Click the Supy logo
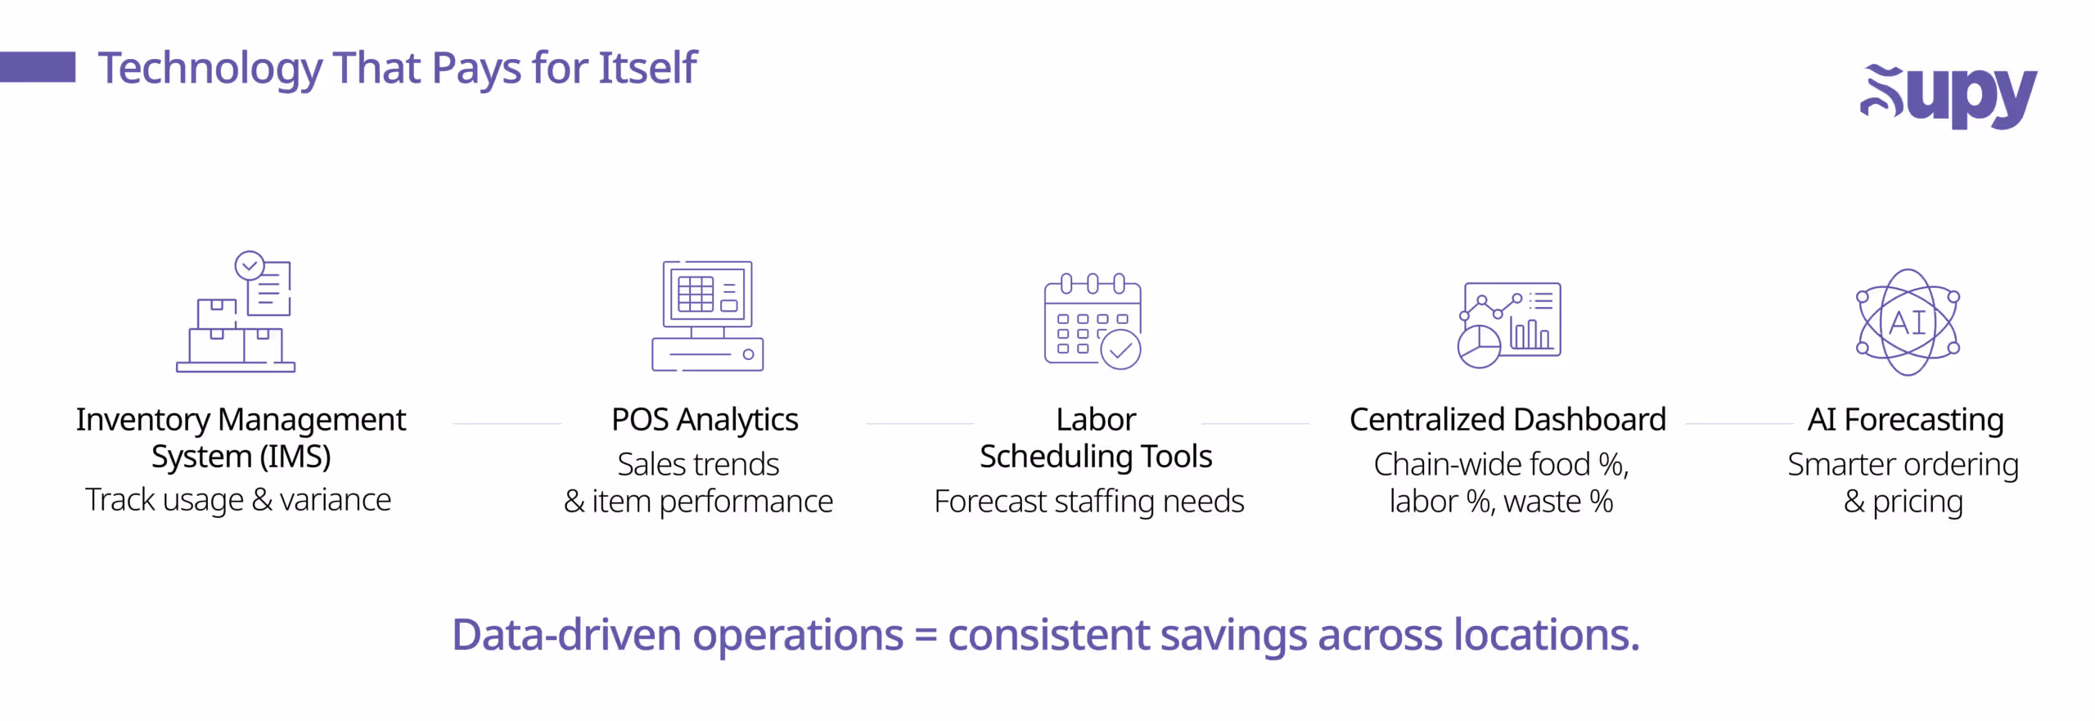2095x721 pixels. coord(1948,95)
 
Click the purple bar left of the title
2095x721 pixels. coord(38,67)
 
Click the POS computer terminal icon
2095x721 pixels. coord(708,316)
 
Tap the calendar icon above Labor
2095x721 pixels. coord(1093,321)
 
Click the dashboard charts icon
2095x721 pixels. coord(1510,324)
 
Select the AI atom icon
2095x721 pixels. coord(1908,322)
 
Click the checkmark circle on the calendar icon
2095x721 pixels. coord(1120,350)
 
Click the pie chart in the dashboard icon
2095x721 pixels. coord(1479,347)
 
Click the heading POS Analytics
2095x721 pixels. coord(705,420)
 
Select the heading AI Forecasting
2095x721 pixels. coord(1905,420)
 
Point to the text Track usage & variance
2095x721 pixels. coord(238,500)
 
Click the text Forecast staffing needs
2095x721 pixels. coord(1089,502)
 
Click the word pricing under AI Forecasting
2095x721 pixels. coord(1917,502)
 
